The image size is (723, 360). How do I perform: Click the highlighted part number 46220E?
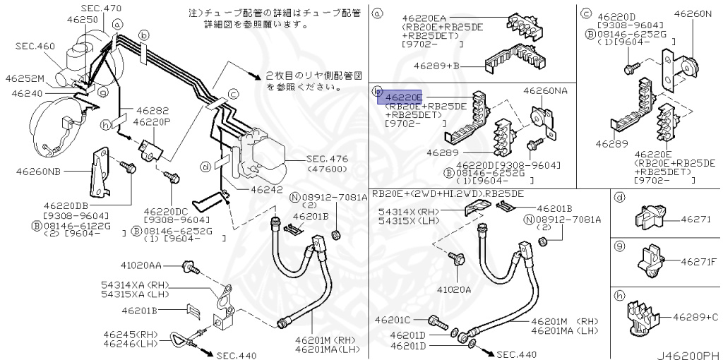(x=402, y=97)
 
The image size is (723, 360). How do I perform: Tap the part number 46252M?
(x=25, y=78)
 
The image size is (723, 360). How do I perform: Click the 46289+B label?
(x=437, y=66)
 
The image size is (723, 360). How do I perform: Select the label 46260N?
(x=693, y=13)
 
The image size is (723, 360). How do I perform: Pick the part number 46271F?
(x=700, y=261)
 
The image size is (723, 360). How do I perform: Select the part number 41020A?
(x=453, y=289)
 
